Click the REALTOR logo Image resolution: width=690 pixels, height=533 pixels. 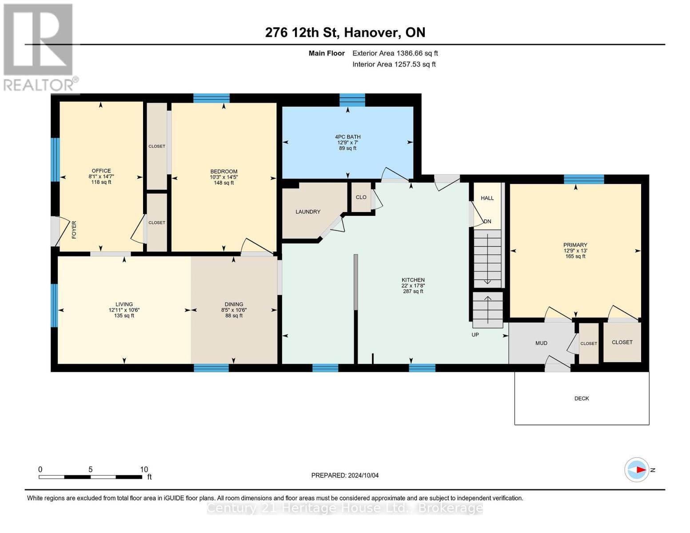[x=39, y=47]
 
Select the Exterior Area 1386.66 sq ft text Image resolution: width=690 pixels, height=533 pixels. [x=395, y=53]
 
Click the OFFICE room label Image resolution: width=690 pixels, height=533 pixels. [x=101, y=171]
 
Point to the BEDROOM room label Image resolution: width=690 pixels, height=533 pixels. [x=223, y=171]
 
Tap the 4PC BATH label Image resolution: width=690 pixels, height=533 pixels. [x=347, y=137]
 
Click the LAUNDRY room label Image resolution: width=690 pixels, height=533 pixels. [x=308, y=212]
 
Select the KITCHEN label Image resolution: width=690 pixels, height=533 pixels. [x=413, y=280]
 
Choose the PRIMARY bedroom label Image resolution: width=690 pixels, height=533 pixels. [x=575, y=245]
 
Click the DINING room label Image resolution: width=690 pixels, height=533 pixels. [x=234, y=305]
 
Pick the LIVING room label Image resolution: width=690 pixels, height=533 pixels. [x=124, y=305]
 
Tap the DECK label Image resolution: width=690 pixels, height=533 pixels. [x=581, y=398]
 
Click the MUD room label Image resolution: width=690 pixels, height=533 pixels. [x=541, y=343]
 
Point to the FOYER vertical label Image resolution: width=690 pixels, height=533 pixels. [x=74, y=230]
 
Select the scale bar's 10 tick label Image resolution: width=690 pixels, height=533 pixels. [x=144, y=469]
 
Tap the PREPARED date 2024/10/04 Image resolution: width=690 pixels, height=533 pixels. [x=345, y=475]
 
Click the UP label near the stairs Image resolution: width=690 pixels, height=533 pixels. [x=475, y=334]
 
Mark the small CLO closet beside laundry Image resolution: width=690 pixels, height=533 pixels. [x=361, y=197]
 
